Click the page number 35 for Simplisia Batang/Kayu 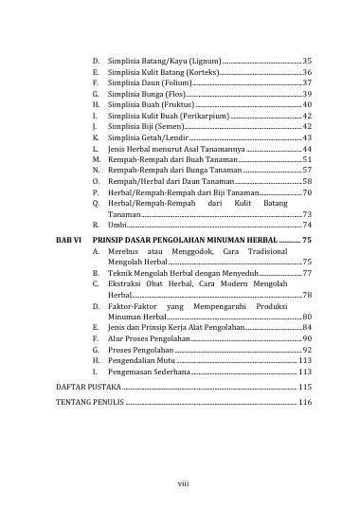[306, 61]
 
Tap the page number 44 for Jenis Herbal [306, 149]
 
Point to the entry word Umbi [117, 225]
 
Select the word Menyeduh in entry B [240, 272]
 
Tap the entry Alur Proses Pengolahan [151, 338]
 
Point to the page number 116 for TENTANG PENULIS [304, 403]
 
